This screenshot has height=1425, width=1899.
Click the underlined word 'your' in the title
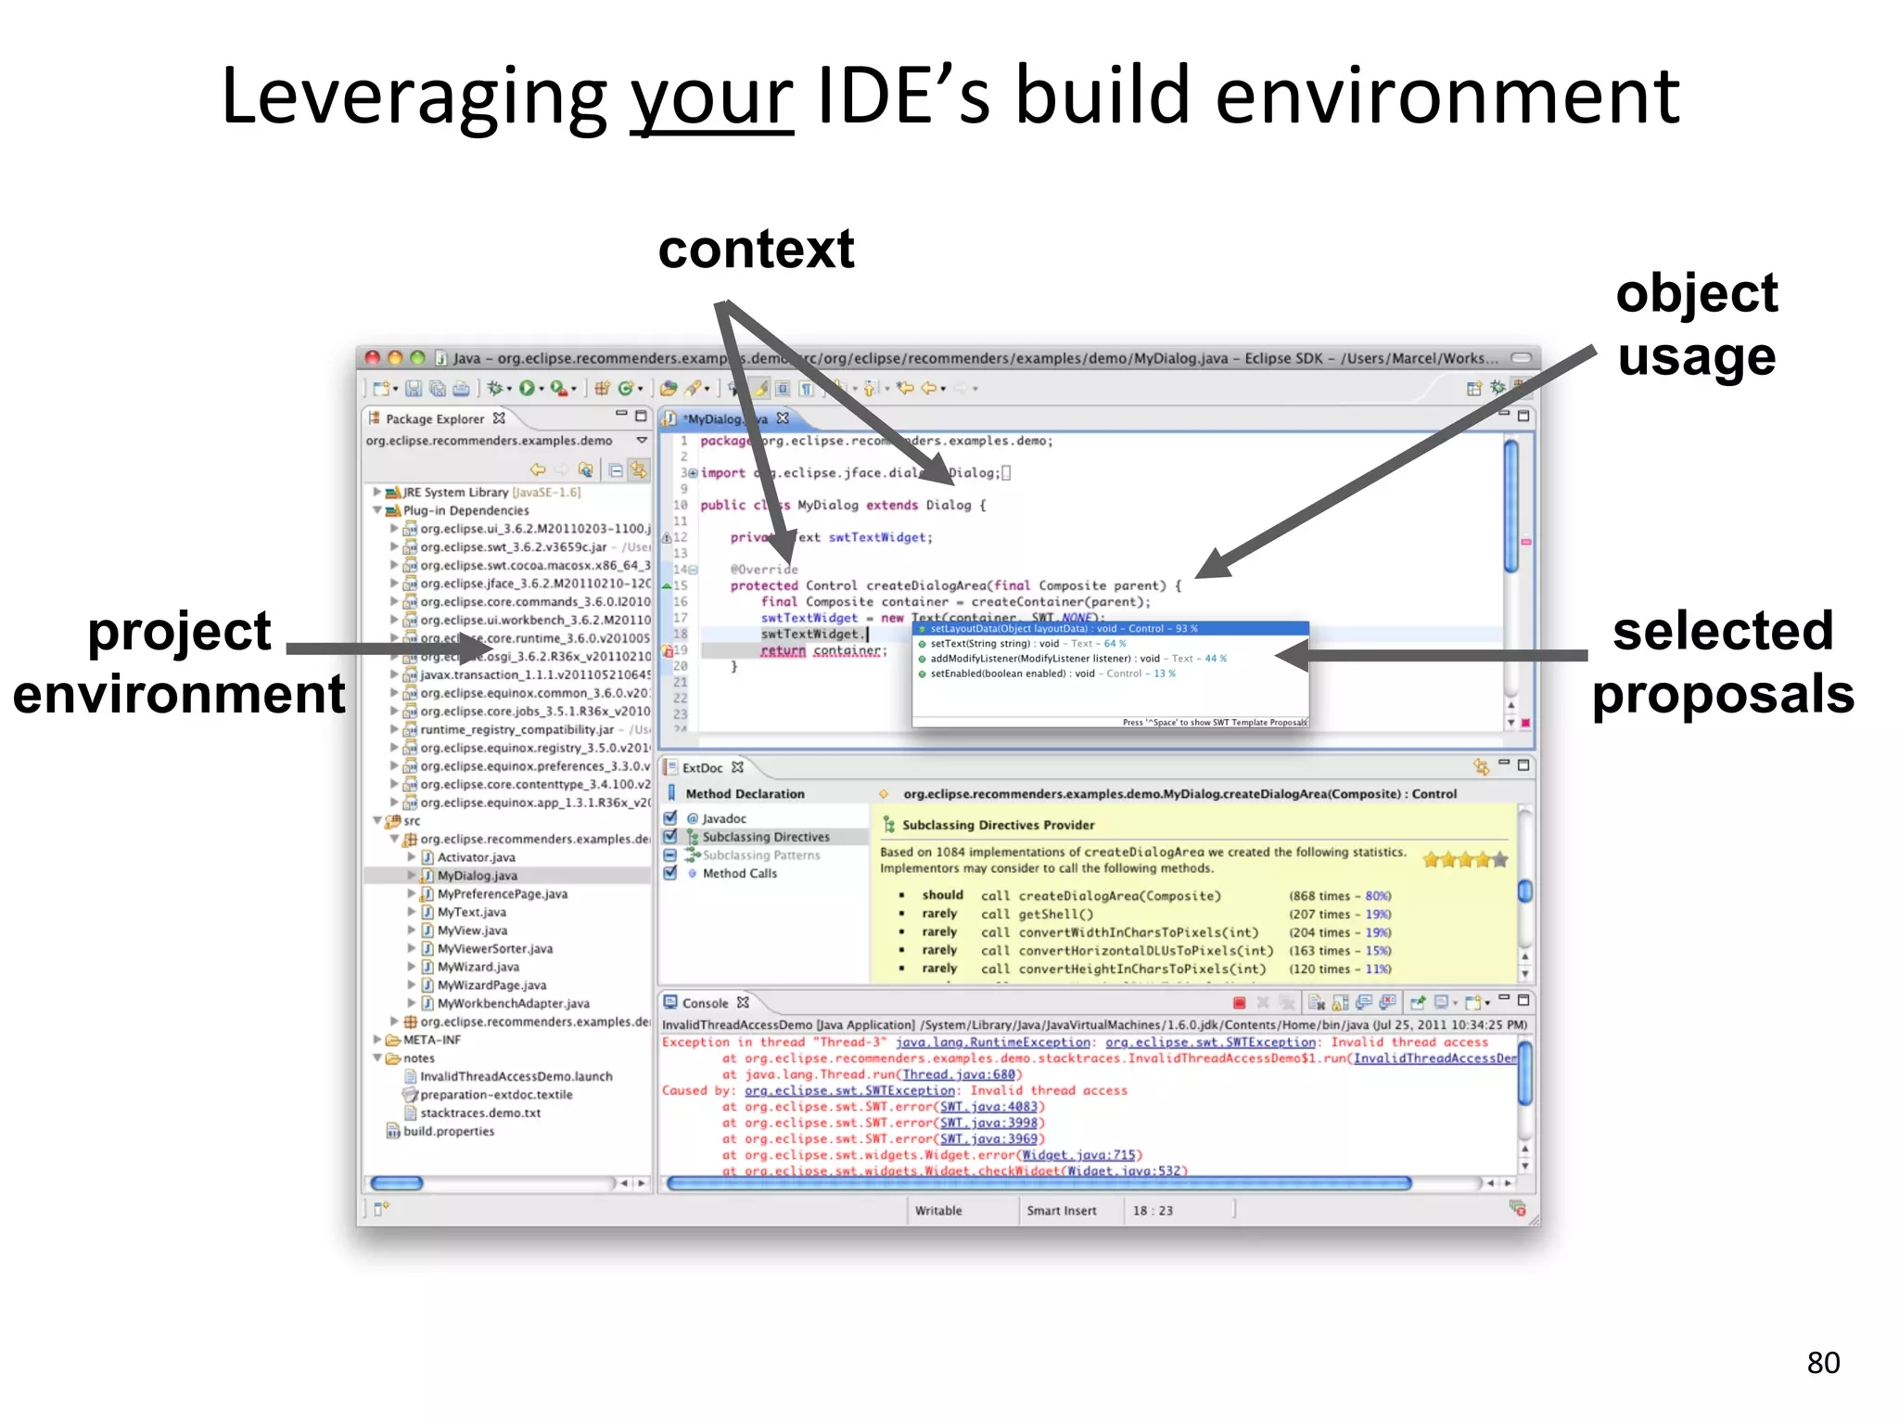711,98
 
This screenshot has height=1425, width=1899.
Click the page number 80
1822,1362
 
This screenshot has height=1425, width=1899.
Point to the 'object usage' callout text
1696,325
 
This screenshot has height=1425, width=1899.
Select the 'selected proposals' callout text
1723,661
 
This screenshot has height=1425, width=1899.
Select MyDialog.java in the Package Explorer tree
477,875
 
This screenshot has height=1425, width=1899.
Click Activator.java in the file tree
476,857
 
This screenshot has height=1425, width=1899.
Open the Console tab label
705,1003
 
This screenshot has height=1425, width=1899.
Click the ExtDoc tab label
702,767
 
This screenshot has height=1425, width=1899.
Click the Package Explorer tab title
434,418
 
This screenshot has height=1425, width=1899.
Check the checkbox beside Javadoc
670,818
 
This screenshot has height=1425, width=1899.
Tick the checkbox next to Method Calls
670,873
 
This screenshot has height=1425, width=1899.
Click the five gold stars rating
1465,860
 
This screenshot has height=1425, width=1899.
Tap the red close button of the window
373,358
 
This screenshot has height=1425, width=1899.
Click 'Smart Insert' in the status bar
1061,1211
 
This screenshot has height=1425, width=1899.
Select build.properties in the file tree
448,1131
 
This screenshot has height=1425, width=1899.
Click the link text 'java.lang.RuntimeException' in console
991,1042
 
